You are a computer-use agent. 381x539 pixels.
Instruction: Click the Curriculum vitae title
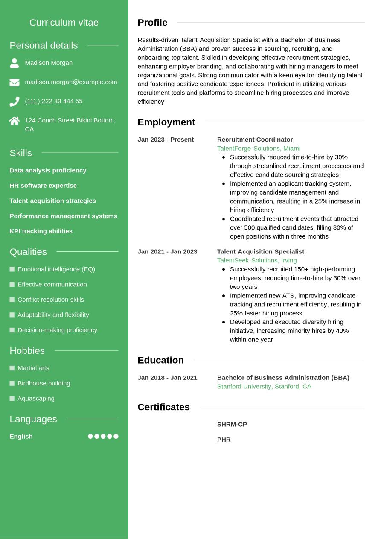(x=64, y=23)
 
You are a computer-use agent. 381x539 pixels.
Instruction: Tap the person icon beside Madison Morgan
(x=15, y=63)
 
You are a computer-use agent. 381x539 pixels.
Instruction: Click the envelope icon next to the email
(x=15, y=82)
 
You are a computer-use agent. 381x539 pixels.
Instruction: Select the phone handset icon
(x=15, y=102)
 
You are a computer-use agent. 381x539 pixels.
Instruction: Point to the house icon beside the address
(x=15, y=121)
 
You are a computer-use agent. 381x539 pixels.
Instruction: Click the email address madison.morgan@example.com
(x=71, y=82)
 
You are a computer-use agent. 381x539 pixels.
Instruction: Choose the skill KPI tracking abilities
(x=41, y=231)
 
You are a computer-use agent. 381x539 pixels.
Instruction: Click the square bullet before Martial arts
(x=12, y=368)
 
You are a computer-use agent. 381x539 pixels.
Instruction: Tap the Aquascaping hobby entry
(x=36, y=399)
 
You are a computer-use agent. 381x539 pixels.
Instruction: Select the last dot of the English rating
(x=116, y=436)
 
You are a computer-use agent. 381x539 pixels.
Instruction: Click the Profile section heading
(x=152, y=23)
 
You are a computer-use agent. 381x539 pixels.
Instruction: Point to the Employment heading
(x=166, y=122)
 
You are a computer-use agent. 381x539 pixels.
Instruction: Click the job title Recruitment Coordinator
(x=255, y=140)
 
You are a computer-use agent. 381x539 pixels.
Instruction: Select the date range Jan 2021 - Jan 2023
(x=167, y=252)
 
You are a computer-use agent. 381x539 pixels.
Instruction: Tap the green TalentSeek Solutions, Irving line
(x=257, y=260)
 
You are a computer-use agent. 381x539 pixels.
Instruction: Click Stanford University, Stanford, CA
(x=264, y=386)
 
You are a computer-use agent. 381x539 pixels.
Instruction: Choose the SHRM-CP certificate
(x=232, y=425)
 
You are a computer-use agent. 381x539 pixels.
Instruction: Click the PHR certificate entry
(x=224, y=440)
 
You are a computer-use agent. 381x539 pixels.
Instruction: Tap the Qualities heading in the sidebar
(x=28, y=252)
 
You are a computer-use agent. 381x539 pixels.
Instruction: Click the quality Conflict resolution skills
(x=51, y=300)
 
